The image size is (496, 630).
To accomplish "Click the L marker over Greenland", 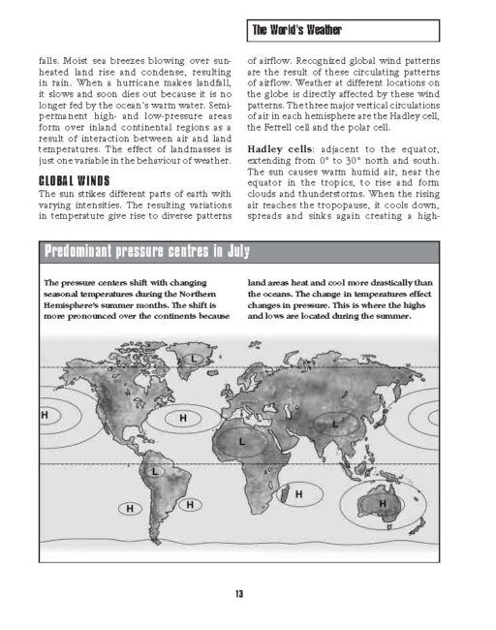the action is [x=195, y=360].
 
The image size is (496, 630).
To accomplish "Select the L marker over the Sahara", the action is [x=241, y=440].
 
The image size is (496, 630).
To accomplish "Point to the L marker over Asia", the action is [x=334, y=424].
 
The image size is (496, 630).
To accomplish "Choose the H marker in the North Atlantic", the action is [x=182, y=418].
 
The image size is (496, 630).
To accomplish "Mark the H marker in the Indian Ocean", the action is [x=298, y=494].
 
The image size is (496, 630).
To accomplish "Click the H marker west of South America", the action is [x=125, y=508].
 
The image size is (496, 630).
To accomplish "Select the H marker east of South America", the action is [x=191, y=504].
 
